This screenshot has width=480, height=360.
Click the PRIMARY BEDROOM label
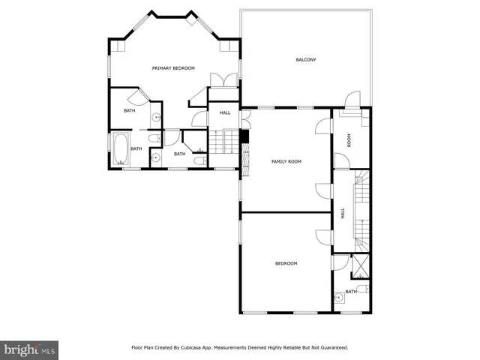(x=173, y=68)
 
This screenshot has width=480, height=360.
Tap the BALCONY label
(x=305, y=59)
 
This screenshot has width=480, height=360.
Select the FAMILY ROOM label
(x=286, y=161)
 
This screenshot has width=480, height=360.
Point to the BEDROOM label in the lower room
(x=286, y=263)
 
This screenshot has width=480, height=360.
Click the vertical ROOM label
(x=348, y=139)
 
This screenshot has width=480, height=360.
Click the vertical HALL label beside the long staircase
(x=343, y=213)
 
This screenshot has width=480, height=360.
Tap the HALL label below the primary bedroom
(x=224, y=113)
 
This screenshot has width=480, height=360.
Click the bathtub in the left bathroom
(x=120, y=148)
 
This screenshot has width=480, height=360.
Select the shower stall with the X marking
(x=361, y=265)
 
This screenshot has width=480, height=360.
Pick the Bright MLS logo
(x=29, y=349)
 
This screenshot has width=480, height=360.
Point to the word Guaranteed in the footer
(x=331, y=348)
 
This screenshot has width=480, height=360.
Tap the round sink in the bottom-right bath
(x=339, y=296)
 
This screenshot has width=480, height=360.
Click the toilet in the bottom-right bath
(x=361, y=289)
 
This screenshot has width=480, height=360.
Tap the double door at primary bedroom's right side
(x=223, y=81)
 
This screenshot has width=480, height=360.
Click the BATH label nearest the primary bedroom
(x=130, y=111)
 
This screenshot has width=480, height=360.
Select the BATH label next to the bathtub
(x=136, y=148)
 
